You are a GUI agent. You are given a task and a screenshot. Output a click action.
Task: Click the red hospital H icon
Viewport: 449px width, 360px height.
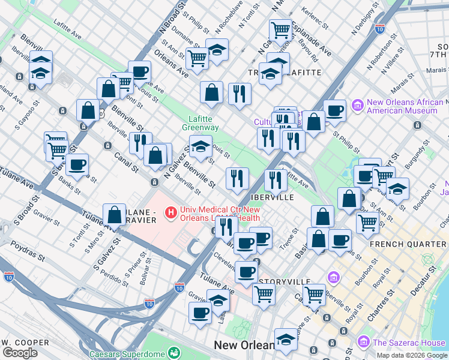[x=172, y=212]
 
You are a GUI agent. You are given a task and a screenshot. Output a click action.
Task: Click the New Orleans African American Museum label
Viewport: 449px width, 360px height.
[x=402, y=106]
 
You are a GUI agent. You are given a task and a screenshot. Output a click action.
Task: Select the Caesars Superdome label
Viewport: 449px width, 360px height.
[x=128, y=354]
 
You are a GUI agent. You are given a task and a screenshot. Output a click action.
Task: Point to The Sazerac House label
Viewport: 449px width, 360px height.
[x=408, y=343]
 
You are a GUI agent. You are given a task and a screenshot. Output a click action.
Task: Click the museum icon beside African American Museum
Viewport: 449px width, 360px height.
[x=358, y=106]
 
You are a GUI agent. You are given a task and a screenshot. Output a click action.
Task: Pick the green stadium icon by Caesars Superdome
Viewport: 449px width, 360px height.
[x=174, y=353]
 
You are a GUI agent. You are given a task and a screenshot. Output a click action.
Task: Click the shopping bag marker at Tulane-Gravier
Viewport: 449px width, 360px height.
[x=114, y=214]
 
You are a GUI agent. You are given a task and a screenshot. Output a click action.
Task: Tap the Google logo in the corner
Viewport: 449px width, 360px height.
[x=20, y=353]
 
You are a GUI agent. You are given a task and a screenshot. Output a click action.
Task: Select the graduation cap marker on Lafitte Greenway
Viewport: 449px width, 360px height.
[x=200, y=146]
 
